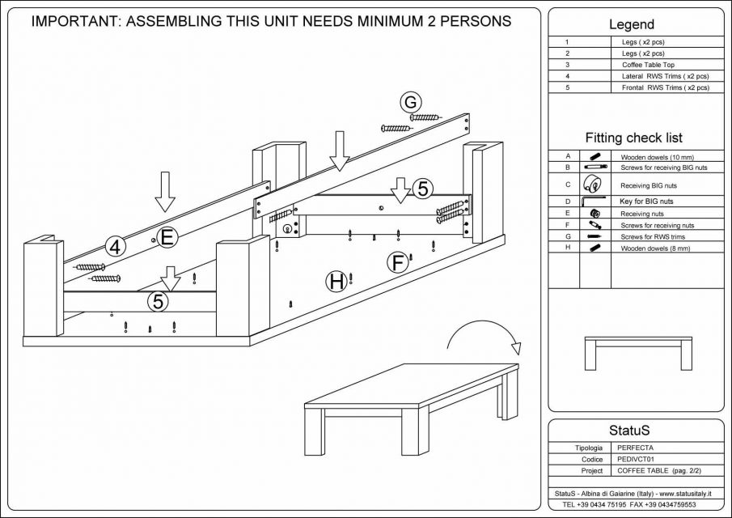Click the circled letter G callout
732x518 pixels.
[411, 103]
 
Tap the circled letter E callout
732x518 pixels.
[167, 237]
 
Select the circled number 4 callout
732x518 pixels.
[116, 248]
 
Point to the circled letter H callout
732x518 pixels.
[336, 282]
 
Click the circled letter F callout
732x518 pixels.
[397, 262]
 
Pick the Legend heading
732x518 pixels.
[631, 25]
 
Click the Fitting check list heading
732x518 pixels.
[633, 138]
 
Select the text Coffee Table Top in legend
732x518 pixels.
[648, 64]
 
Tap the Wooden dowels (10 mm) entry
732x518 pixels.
[657, 157]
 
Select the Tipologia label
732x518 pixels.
[587, 447]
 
